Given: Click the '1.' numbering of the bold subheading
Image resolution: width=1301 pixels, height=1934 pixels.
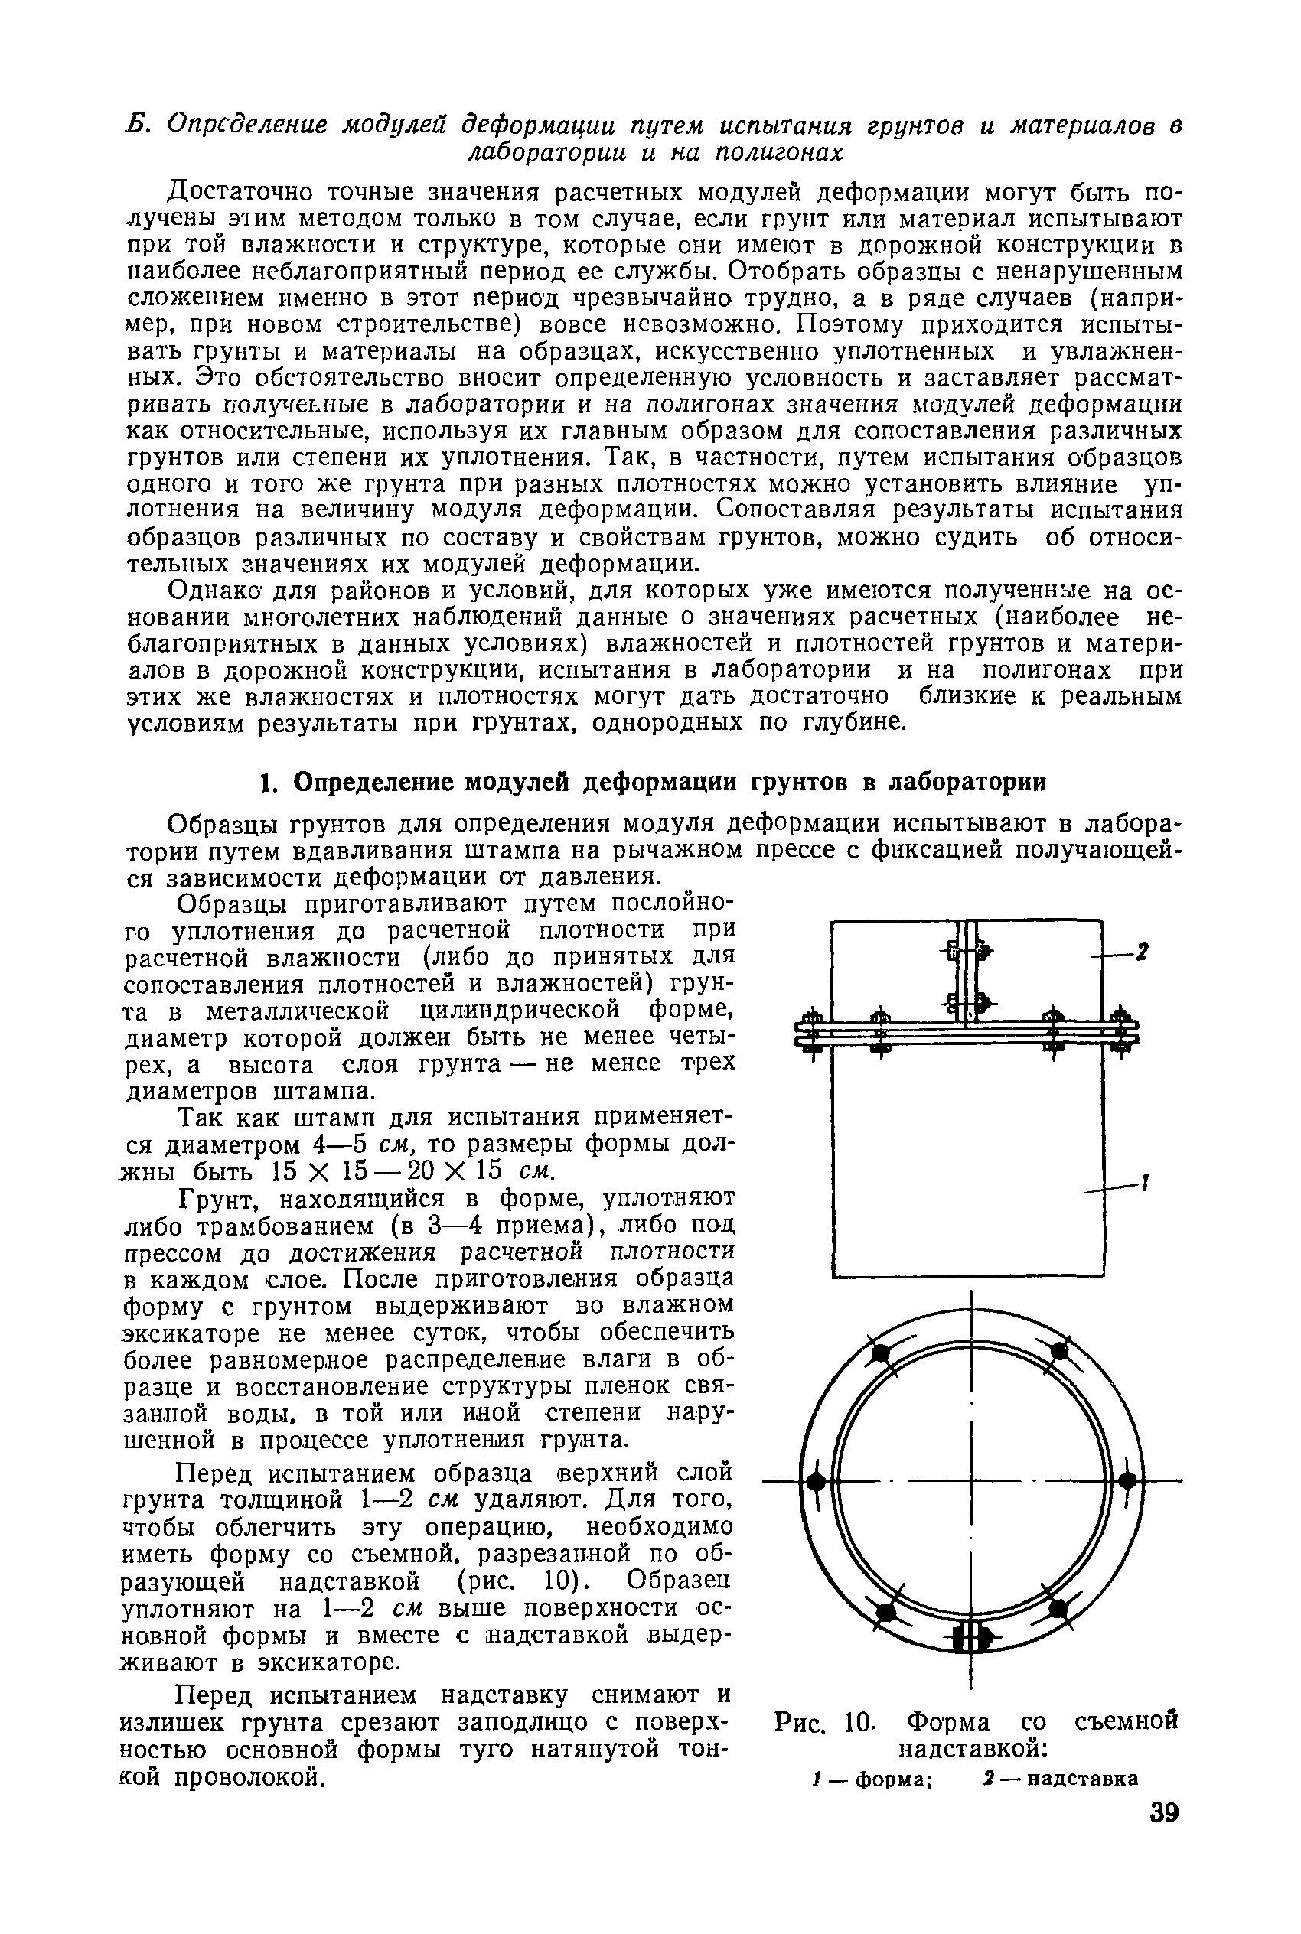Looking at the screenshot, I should tap(267, 783).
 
